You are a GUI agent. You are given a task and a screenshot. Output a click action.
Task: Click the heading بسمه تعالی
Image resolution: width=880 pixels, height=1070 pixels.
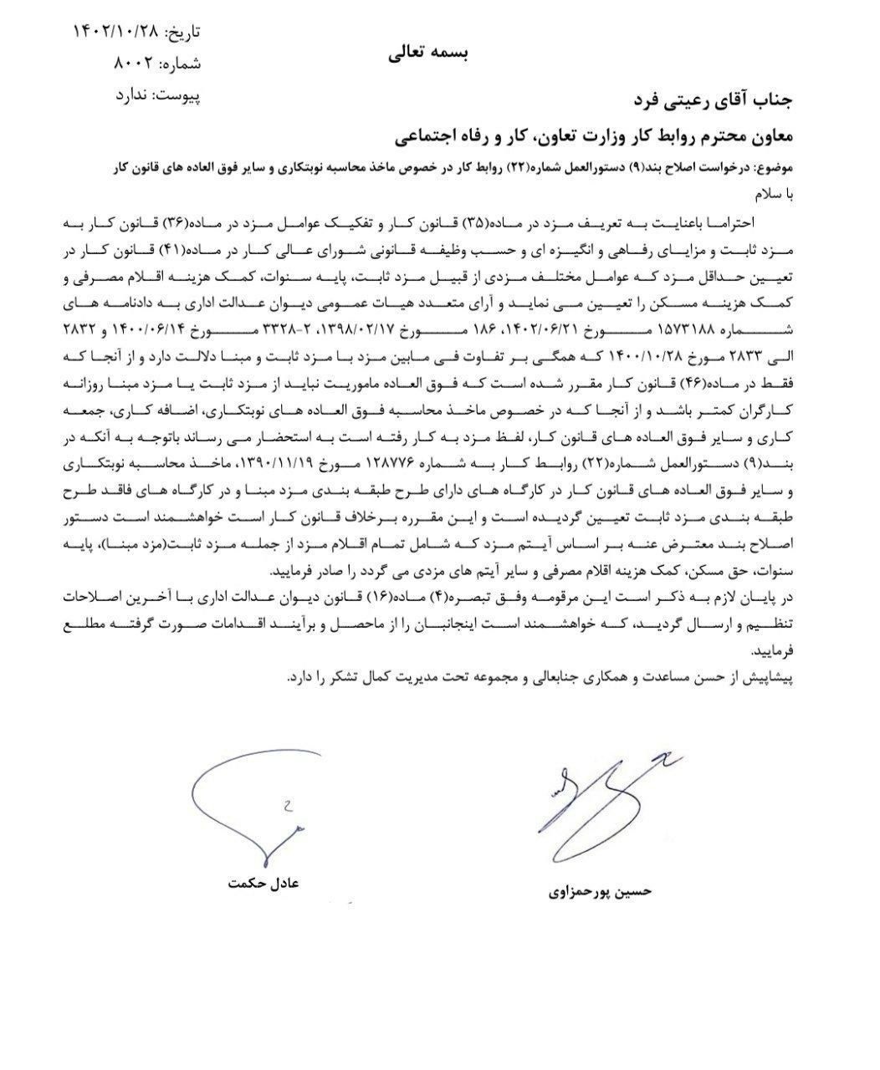click(x=427, y=53)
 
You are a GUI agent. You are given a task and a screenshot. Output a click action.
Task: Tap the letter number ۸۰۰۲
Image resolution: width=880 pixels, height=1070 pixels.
click(x=132, y=64)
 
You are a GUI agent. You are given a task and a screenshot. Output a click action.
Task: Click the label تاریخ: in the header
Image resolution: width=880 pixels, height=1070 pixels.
click(x=182, y=33)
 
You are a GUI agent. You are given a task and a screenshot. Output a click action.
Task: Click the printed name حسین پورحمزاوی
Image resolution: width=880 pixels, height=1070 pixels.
click(x=599, y=891)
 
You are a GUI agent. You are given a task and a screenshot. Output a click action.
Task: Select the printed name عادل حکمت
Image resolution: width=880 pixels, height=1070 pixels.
click(x=263, y=883)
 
